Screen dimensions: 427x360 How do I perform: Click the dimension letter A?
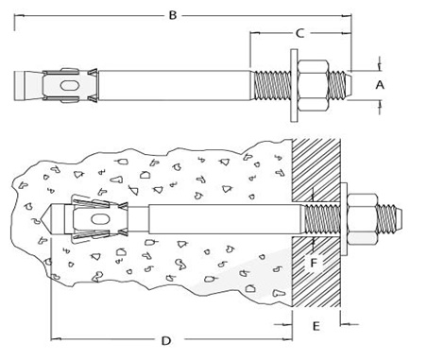coord(380,85)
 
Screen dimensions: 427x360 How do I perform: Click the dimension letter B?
coord(173,15)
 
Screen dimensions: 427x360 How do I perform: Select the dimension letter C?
coord(300,33)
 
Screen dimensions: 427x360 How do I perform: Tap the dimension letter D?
coord(166,341)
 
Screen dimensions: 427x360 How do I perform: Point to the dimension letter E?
coord(316,326)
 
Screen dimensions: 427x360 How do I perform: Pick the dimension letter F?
coord(314,263)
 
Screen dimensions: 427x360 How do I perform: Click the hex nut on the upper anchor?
coord(314,85)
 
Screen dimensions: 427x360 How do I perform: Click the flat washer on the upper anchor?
coord(294,85)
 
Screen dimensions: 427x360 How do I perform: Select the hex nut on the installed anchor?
coord(363,219)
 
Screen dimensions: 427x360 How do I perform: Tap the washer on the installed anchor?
coord(344,219)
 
